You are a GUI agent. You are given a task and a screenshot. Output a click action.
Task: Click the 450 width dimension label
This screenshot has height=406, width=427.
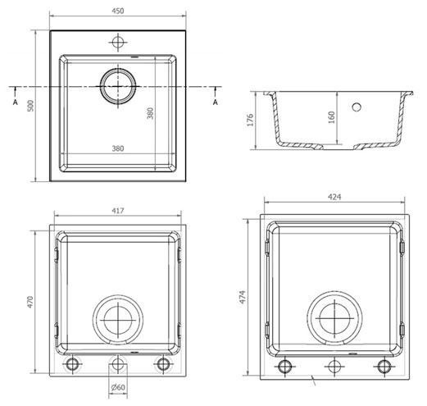118,11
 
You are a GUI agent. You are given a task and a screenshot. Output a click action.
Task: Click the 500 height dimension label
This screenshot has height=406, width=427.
30,106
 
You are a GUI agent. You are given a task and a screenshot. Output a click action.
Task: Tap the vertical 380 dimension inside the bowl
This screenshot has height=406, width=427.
150,113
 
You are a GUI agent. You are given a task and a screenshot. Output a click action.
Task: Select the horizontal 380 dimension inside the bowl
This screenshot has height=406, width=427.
118,148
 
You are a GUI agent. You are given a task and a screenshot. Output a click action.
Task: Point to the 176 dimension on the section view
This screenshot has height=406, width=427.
250,120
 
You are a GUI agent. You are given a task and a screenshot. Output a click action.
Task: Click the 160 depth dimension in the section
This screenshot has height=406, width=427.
331,117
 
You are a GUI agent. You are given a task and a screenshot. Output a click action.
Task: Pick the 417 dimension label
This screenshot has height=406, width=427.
118,211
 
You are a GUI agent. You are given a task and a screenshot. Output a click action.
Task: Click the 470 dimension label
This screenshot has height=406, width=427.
30,302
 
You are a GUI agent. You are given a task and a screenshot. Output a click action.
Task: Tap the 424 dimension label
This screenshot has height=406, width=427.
334,197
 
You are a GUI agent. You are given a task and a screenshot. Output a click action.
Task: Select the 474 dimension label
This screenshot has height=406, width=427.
243,297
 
